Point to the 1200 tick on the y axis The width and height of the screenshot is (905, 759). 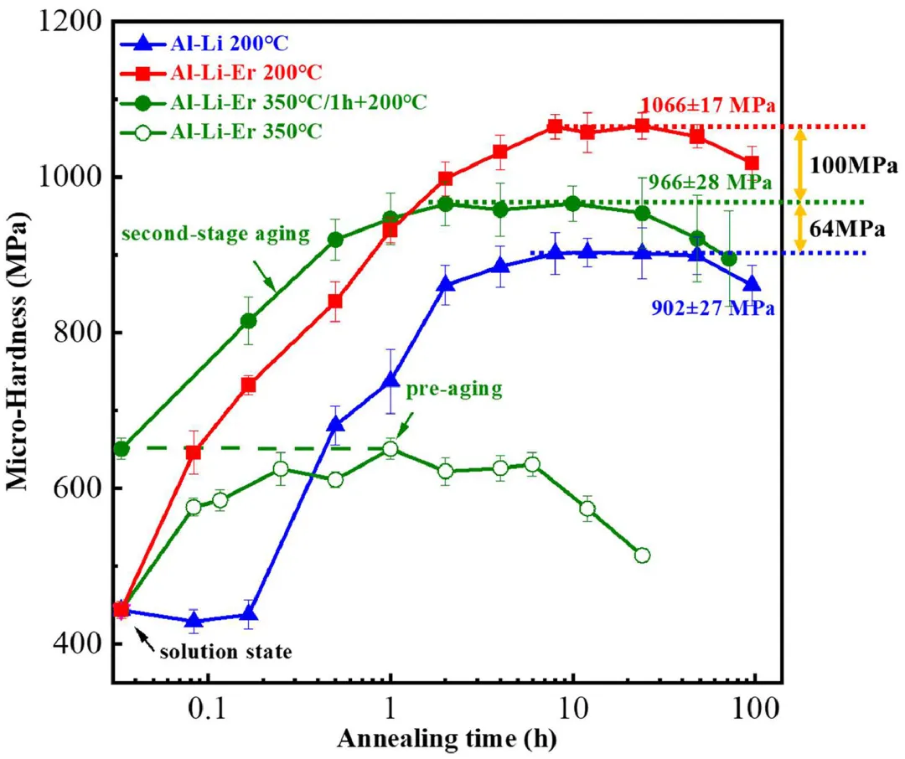[x=71, y=23]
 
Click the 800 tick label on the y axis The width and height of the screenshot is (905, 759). [x=80, y=333]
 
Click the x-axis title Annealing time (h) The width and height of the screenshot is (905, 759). [x=447, y=740]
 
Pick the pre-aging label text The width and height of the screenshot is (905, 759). [x=453, y=390]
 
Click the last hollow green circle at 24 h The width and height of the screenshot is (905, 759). [x=642, y=555]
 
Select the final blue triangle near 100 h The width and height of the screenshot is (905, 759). [x=752, y=284]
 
